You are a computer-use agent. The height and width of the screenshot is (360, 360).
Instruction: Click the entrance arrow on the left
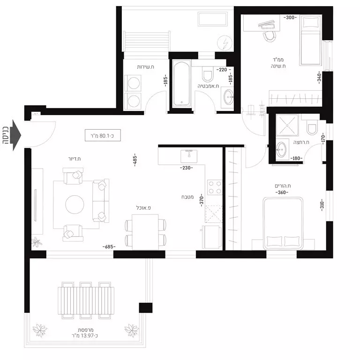pos(15,135)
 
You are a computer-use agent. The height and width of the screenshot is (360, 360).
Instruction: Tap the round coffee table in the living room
pos(75,205)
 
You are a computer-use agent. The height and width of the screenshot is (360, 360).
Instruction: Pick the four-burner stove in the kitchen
pos(215,188)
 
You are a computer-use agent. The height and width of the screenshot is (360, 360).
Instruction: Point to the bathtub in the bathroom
pos(181,84)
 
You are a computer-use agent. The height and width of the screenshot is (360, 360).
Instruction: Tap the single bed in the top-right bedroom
pos(310,40)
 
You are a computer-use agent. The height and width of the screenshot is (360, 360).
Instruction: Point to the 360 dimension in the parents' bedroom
pos(281,192)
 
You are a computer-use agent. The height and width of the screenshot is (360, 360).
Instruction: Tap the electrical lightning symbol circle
pos(225,44)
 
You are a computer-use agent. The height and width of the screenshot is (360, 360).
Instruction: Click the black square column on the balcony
pos(145,308)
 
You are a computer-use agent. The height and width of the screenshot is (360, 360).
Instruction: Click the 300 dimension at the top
pos(290,17)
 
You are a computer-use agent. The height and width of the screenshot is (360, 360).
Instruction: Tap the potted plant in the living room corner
pos(36,242)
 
